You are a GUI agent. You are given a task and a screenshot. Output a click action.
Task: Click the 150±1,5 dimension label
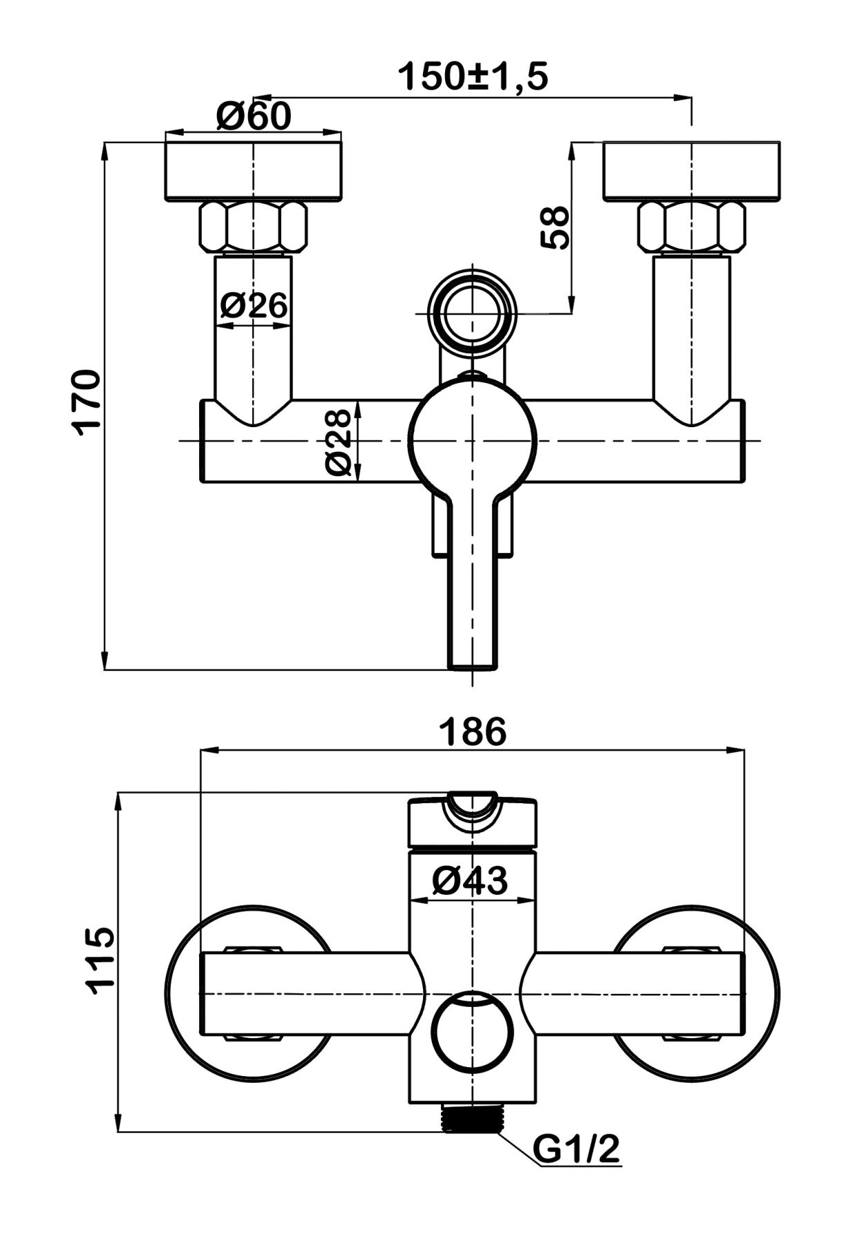473,77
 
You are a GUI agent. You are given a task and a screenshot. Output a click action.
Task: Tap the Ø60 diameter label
253,115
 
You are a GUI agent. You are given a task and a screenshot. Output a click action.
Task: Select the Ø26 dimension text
254,305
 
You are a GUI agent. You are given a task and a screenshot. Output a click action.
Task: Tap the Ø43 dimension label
470,880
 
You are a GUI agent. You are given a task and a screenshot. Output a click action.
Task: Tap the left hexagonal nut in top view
253,227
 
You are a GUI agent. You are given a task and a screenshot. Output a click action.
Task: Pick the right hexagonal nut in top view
692,227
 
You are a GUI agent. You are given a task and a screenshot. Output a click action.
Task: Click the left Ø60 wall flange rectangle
253,172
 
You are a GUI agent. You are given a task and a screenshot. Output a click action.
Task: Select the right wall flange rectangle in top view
692,172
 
